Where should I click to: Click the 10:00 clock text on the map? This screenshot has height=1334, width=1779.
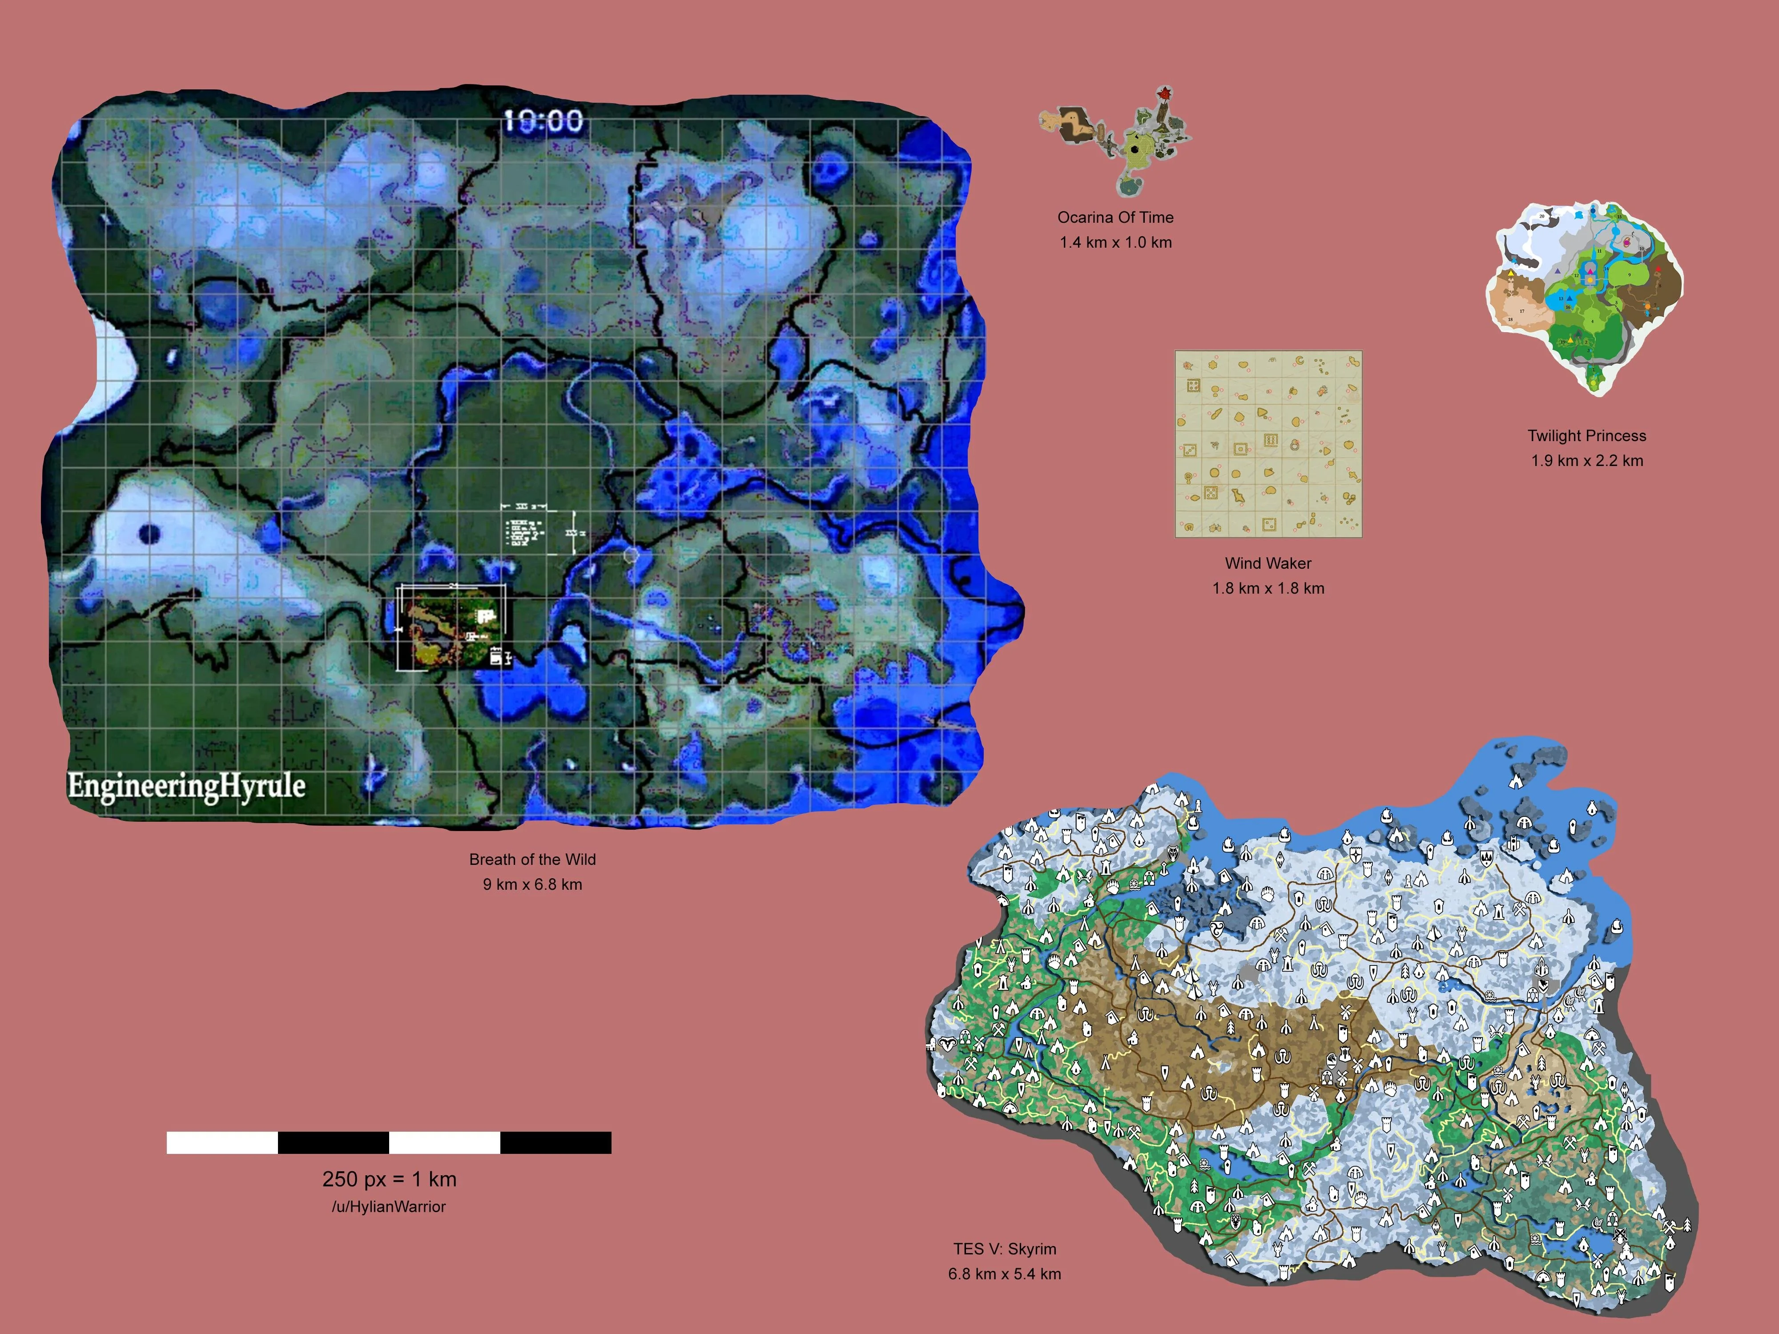click(x=543, y=121)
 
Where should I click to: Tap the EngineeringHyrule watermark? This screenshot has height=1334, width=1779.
click(x=187, y=786)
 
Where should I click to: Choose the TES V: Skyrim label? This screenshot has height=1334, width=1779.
click(x=1005, y=1249)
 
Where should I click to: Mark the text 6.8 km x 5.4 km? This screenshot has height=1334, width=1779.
click(x=1005, y=1274)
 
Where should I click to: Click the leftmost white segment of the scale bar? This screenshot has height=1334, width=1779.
click(x=222, y=1143)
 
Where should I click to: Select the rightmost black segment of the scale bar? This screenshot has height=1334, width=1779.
click(x=556, y=1143)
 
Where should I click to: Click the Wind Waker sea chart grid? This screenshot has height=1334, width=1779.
click(x=1268, y=444)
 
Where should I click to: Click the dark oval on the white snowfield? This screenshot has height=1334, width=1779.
click(x=149, y=533)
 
